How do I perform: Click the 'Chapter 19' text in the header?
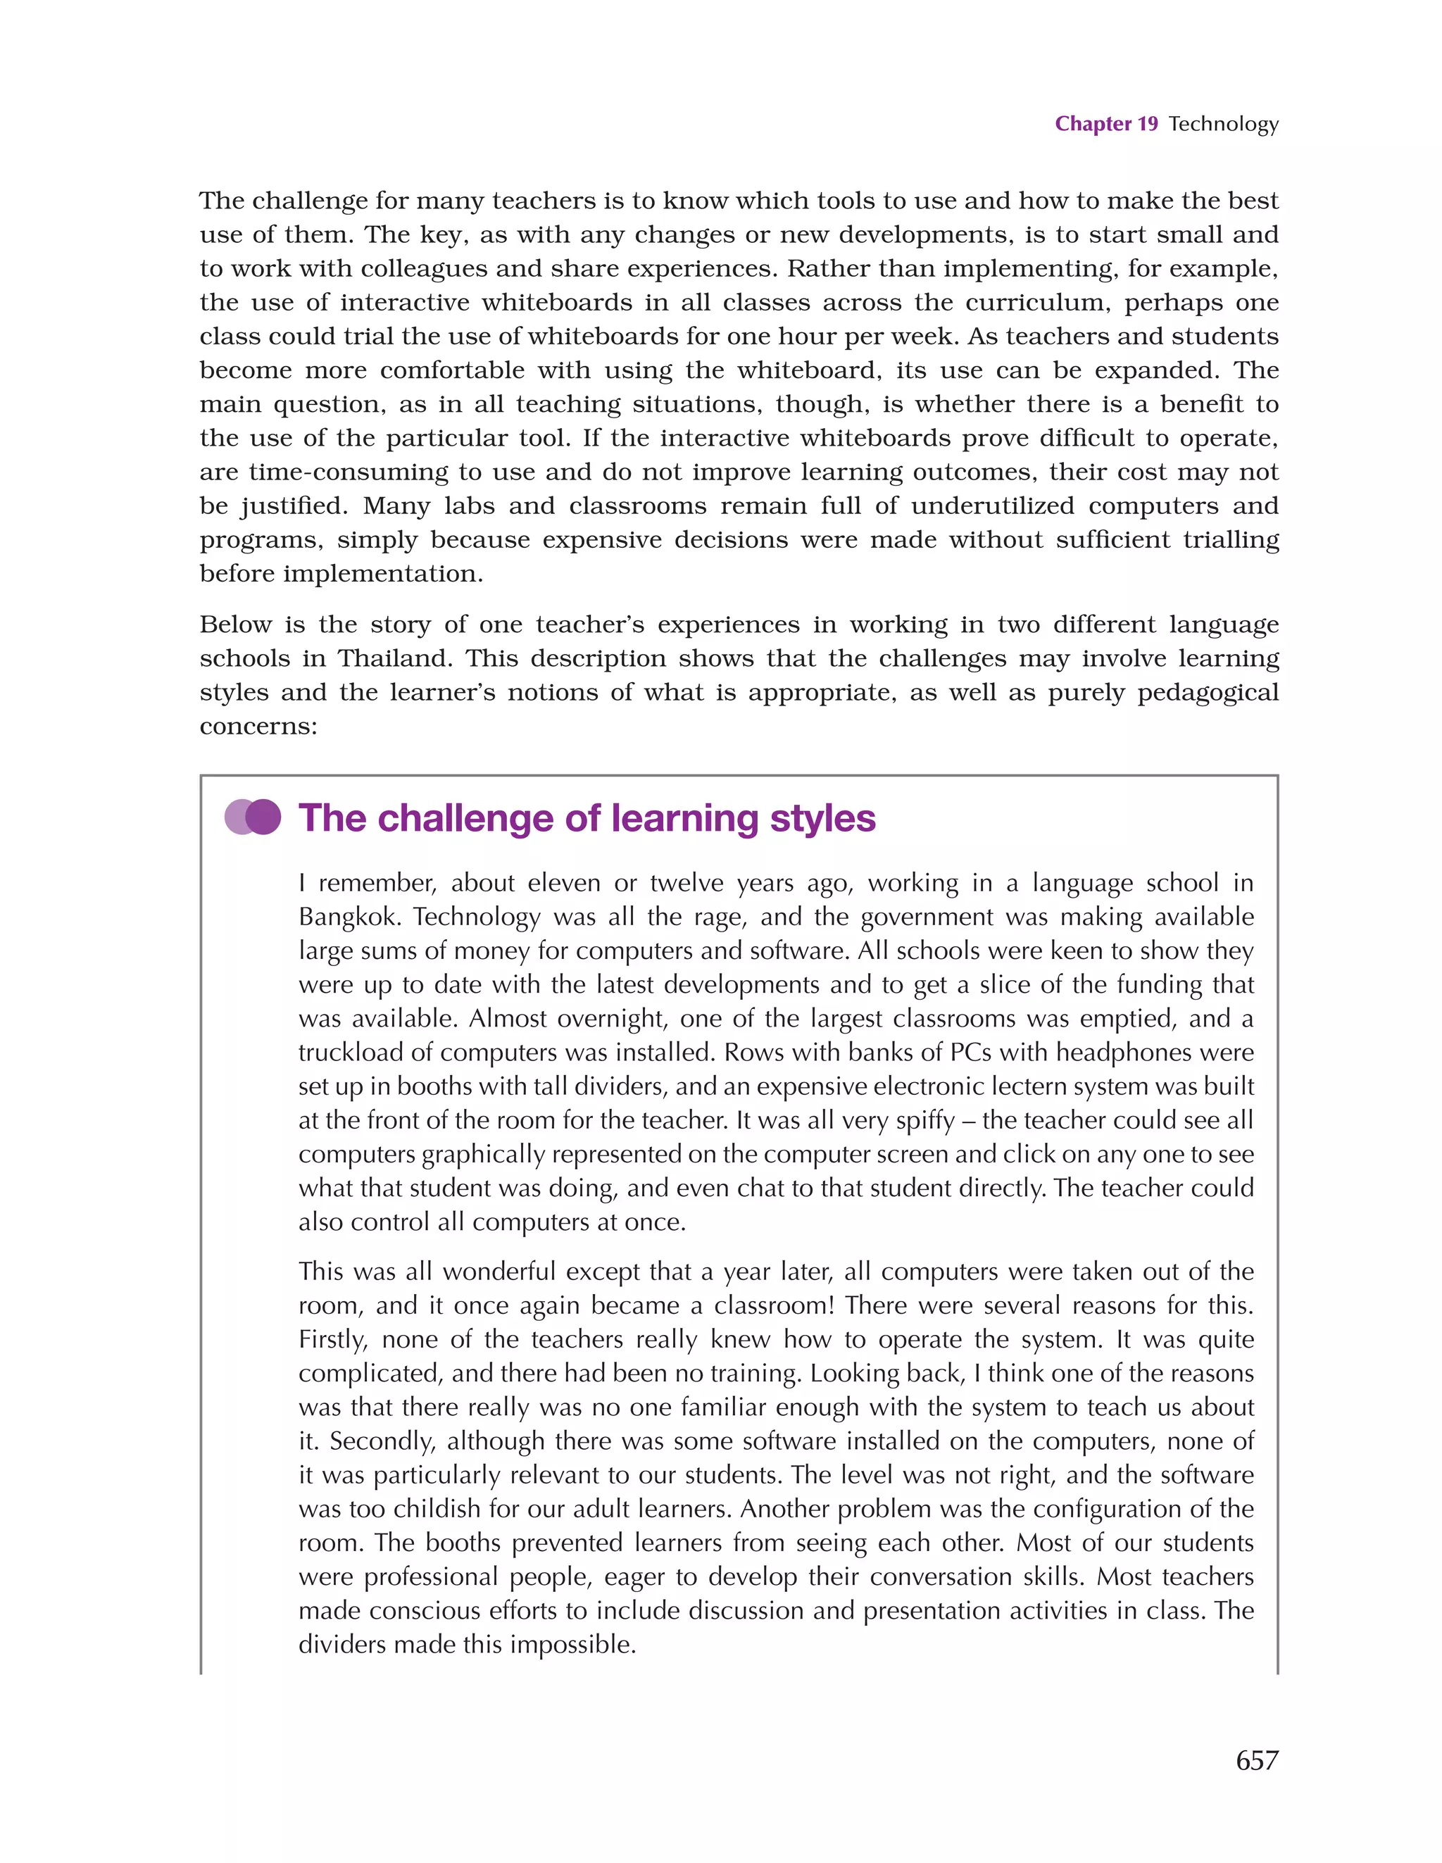click(x=1106, y=124)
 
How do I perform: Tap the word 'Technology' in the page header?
click(x=1223, y=125)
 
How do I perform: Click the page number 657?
click(x=1257, y=1759)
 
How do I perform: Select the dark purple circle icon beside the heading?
click(x=263, y=817)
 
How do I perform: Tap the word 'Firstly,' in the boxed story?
click(x=333, y=1340)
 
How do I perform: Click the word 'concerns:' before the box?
click(x=258, y=726)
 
